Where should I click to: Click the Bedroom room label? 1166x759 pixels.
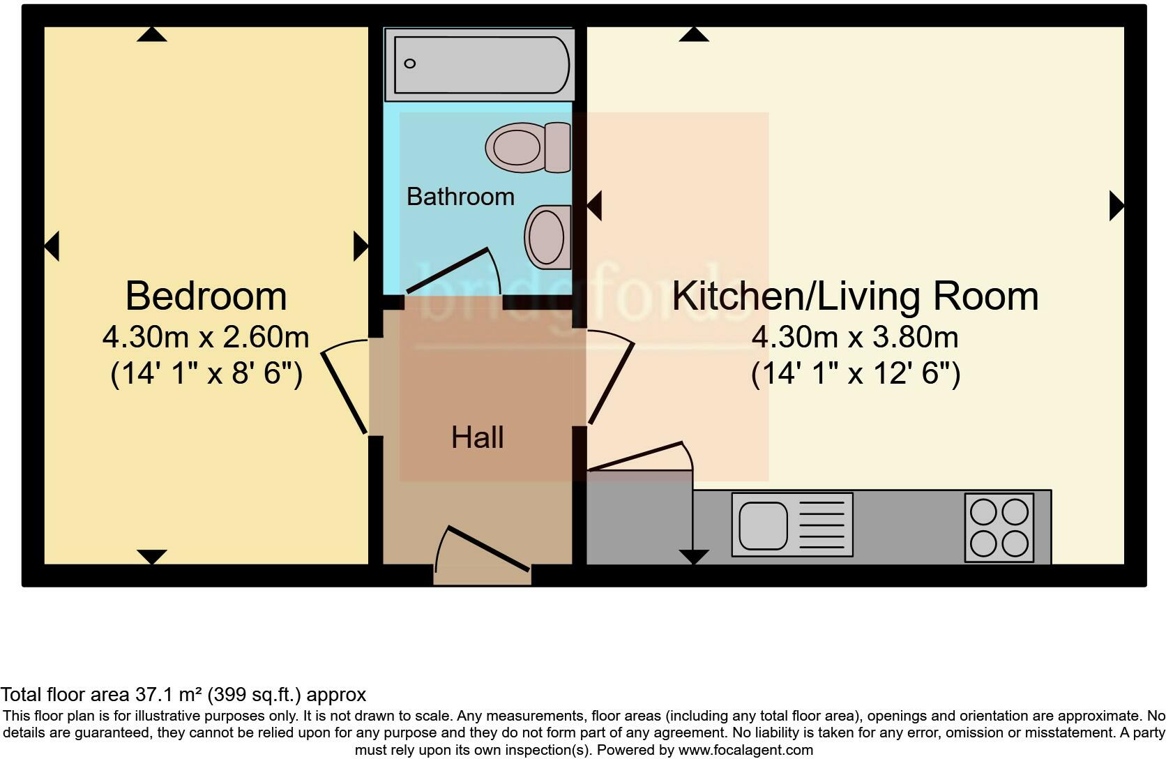[x=206, y=296]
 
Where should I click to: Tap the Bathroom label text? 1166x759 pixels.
[x=460, y=197]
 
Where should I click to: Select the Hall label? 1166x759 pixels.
[x=478, y=437]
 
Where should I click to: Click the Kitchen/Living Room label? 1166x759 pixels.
[x=855, y=296]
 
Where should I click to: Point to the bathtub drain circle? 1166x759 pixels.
[x=410, y=63]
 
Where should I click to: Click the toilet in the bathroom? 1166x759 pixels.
[x=528, y=147]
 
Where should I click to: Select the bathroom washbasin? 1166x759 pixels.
[x=548, y=237]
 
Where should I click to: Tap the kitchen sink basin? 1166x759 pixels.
[x=763, y=525]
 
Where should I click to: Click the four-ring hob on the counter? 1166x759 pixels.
[x=999, y=527]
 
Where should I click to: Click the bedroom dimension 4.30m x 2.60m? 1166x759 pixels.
[x=206, y=338]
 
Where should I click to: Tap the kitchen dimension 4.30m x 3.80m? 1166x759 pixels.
[x=855, y=338]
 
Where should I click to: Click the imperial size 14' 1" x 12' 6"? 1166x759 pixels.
[x=855, y=374]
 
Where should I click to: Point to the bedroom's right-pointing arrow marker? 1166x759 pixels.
[x=361, y=246]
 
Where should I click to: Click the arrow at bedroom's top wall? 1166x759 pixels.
[x=151, y=34]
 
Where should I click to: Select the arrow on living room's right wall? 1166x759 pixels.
[x=1116, y=206]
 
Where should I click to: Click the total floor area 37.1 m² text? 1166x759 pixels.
[x=183, y=695]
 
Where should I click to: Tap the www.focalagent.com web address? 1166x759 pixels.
[x=745, y=751]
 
